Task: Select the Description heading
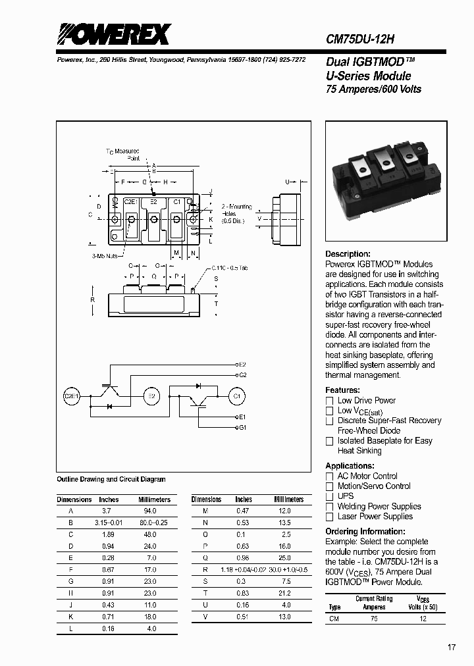[x=348, y=254]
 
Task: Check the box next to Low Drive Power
[x=330, y=401]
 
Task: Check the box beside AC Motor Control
[x=330, y=476]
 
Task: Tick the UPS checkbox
[x=330, y=496]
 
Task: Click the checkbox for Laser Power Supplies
[x=330, y=517]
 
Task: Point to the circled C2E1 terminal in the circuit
[x=71, y=396]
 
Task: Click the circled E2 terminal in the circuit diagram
[x=152, y=396]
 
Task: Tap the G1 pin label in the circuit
[x=242, y=428]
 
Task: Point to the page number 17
[x=452, y=648]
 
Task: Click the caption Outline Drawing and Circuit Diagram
[x=111, y=480]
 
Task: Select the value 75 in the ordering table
[x=374, y=619]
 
